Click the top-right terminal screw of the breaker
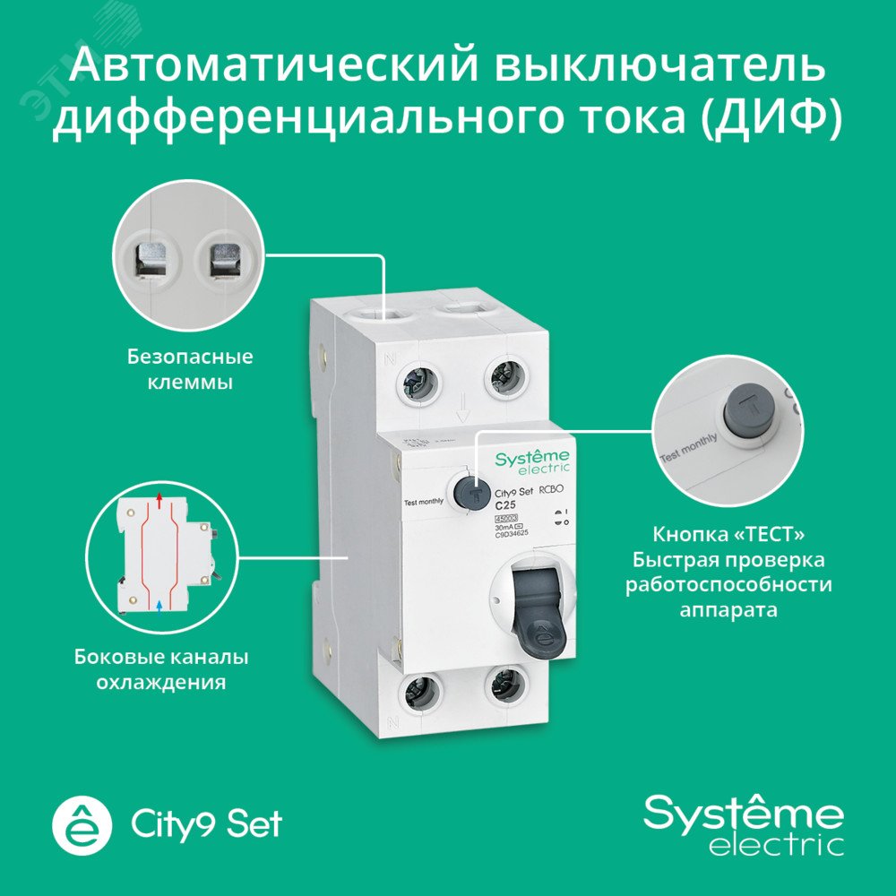pyautogui.click(x=504, y=377)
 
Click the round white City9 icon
pyautogui.click(x=83, y=823)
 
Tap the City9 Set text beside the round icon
pyautogui.click(x=206, y=823)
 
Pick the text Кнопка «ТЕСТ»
pyautogui.click(x=727, y=534)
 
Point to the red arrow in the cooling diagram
pyautogui.click(x=159, y=498)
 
